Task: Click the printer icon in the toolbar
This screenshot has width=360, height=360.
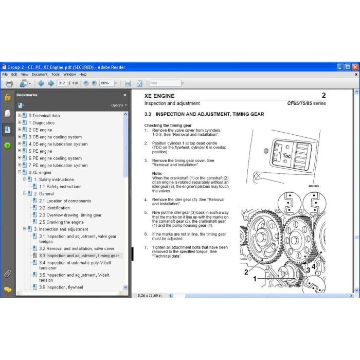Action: (x=9, y=83)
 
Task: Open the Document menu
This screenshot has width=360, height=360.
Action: (x=40, y=75)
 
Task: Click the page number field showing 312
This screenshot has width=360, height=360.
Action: (x=62, y=83)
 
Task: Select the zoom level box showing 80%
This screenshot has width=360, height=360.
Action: (x=107, y=83)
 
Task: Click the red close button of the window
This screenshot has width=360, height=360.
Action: (x=355, y=67)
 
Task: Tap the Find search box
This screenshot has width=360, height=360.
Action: (x=165, y=83)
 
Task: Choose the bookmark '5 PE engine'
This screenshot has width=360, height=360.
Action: (x=41, y=151)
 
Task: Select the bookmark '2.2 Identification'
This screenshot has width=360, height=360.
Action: (x=55, y=208)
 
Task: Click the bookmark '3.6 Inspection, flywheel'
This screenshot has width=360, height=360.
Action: (x=61, y=287)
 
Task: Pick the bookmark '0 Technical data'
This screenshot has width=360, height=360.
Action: (x=44, y=116)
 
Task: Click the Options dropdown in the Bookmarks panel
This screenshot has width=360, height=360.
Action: (x=119, y=105)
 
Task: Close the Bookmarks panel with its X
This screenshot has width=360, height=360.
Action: (x=125, y=95)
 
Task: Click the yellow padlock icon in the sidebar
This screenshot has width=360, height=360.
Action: (x=8, y=97)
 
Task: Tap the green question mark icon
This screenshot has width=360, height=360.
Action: (x=7, y=146)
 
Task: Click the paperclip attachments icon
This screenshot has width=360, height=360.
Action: (x=8, y=274)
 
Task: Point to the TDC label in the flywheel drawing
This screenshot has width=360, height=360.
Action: (x=287, y=156)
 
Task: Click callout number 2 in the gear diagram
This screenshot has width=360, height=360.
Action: (x=246, y=272)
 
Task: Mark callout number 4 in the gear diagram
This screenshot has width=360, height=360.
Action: (x=313, y=266)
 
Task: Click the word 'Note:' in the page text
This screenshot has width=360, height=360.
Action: (x=157, y=174)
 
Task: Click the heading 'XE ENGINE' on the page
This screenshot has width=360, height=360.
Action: (x=159, y=96)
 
